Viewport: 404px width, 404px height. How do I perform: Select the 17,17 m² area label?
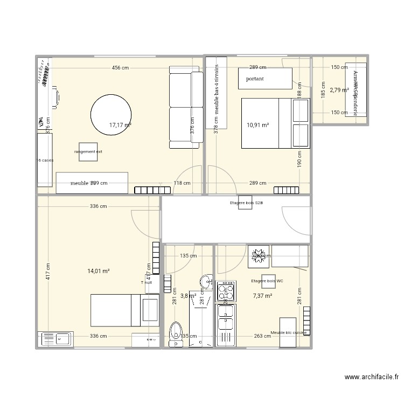[x=120, y=125]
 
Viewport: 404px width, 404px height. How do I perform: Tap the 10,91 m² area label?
[x=257, y=125]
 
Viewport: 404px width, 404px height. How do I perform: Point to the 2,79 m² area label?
[x=339, y=90]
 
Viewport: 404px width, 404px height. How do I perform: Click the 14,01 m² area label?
[x=99, y=271]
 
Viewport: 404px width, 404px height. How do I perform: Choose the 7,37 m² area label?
[x=262, y=296]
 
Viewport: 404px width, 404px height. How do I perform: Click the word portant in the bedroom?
[x=254, y=79]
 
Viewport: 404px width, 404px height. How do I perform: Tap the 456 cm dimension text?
[x=120, y=68]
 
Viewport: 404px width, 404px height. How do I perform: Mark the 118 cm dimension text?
[x=182, y=183]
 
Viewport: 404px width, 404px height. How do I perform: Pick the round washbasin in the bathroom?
[x=206, y=282]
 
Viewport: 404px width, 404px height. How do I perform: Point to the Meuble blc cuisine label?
[x=289, y=333]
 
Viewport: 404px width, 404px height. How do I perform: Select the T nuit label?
[x=147, y=282]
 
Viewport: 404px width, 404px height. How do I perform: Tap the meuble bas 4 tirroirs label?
[x=217, y=90]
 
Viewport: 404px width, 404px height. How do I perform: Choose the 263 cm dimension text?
[x=262, y=336]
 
